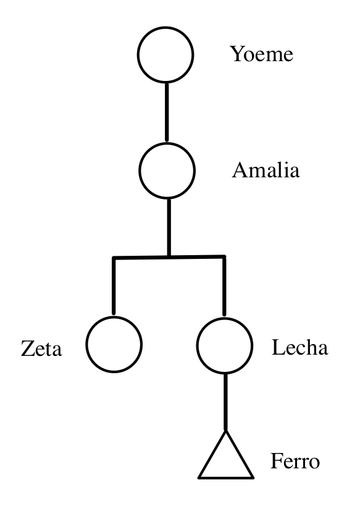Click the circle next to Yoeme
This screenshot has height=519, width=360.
point(138,55)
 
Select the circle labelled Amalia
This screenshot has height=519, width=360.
point(140,171)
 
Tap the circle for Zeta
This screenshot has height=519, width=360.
point(86,345)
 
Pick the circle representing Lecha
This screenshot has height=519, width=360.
point(197,345)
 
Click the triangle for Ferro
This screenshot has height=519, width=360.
point(212,454)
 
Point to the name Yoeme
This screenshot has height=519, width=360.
point(262,54)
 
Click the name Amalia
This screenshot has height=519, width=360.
point(266,170)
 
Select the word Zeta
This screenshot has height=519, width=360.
point(41,348)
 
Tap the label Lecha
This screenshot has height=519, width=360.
point(299,347)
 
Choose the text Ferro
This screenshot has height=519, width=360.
point(295,461)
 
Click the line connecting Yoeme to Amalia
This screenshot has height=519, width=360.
point(167,112)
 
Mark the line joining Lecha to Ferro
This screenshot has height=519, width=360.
point(225,402)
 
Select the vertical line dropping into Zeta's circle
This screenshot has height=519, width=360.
point(114,285)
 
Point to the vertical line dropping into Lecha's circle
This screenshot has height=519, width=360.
point(224,285)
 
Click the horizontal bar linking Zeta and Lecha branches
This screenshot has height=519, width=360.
point(169,257)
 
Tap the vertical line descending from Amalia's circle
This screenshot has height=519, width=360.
point(169,227)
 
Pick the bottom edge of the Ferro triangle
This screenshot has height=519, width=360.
point(226,478)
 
